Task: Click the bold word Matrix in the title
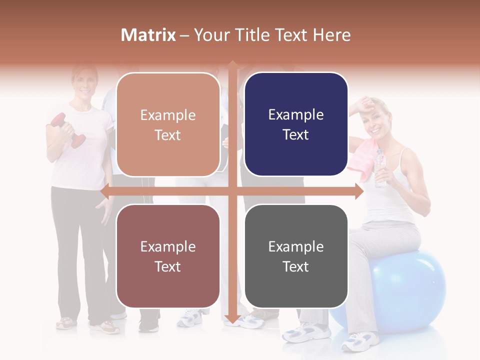click(x=148, y=35)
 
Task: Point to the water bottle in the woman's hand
click(x=380, y=167)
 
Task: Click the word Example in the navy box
click(x=296, y=115)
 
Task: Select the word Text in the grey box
click(x=296, y=266)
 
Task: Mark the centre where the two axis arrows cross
click(x=232, y=191)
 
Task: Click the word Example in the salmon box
click(x=168, y=115)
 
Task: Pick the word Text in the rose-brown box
click(x=168, y=266)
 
